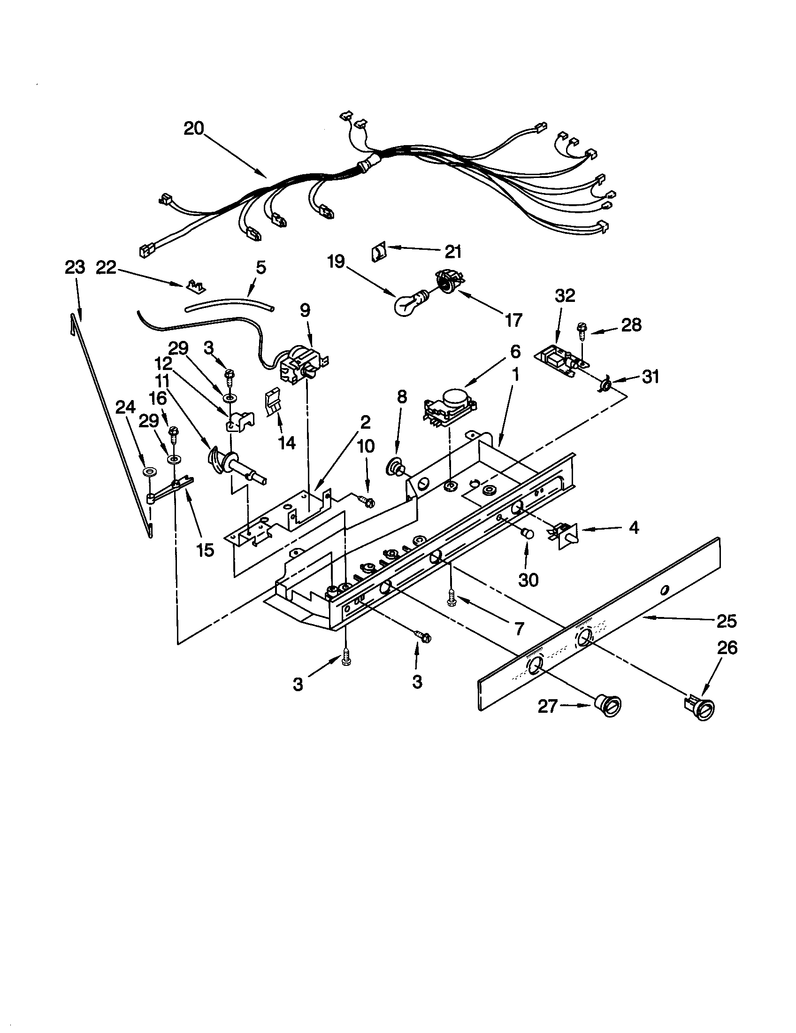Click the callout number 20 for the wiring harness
coord(193,128)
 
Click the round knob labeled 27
coord(608,706)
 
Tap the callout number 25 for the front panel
coord(727,621)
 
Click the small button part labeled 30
coord(527,533)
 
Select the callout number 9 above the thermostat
coord(305,311)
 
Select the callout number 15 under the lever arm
coord(205,549)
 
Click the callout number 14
coord(287,443)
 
